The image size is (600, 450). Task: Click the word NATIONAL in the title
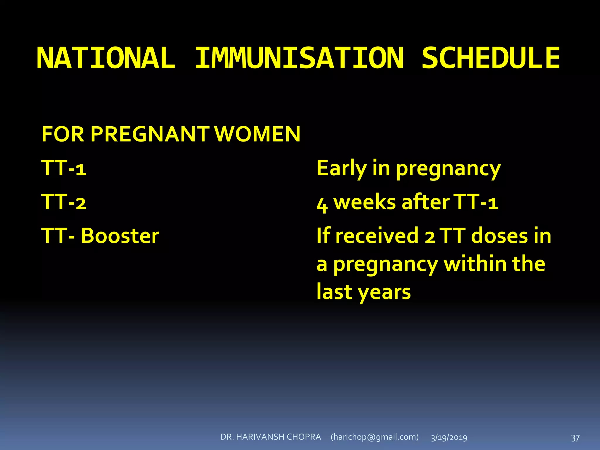pos(106,58)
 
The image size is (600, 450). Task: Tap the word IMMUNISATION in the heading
pos(299,58)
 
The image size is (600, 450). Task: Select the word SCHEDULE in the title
pos(491,58)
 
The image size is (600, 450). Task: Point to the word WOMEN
pos(258,134)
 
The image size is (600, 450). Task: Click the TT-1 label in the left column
pos(64,168)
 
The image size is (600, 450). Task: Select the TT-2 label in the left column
pos(64,202)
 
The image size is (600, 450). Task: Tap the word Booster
pos(120,236)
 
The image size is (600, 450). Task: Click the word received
pos(377,236)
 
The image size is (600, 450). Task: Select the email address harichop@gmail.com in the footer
pos(374,437)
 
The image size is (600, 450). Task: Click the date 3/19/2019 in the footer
pos(449,437)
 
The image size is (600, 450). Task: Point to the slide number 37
pos(575,438)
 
